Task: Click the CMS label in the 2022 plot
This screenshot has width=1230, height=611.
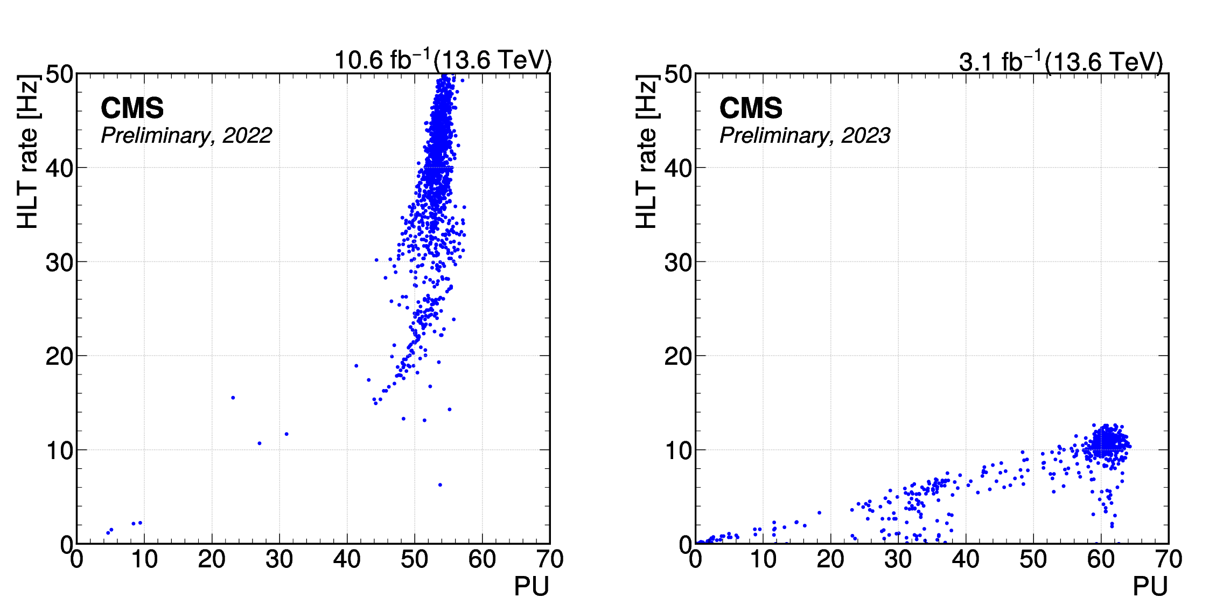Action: (x=132, y=108)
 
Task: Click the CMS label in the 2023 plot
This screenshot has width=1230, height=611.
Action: (x=751, y=108)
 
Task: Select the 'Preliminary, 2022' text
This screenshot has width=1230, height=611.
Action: (x=186, y=135)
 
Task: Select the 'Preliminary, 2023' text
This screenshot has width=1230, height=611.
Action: (x=805, y=135)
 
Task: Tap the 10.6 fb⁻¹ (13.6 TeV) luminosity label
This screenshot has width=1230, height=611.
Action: (x=443, y=60)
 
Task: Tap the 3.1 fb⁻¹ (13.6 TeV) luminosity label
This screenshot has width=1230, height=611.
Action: (x=1060, y=62)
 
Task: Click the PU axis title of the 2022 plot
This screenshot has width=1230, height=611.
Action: (x=531, y=586)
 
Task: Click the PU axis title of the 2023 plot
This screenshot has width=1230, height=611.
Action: (x=1150, y=586)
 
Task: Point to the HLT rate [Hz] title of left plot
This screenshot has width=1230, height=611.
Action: (x=28, y=152)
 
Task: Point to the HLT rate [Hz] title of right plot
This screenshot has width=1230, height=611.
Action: (x=647, y=152)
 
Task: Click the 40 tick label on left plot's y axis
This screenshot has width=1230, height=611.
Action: (x=59, y=168)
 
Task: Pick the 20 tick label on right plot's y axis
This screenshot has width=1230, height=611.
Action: (x=678, y=356)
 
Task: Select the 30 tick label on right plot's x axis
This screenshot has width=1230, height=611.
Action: (x=898, y=559)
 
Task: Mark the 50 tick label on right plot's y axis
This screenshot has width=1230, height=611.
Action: (x=678, y=74)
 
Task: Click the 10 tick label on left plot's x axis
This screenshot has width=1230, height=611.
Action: (x=144, y=559)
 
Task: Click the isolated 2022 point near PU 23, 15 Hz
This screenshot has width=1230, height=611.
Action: (x=233, y=398)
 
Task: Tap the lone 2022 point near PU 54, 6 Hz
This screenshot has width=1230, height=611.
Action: (x=440, y=485)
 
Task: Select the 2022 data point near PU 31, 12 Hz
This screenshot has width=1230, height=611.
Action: (x=286, y=434)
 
